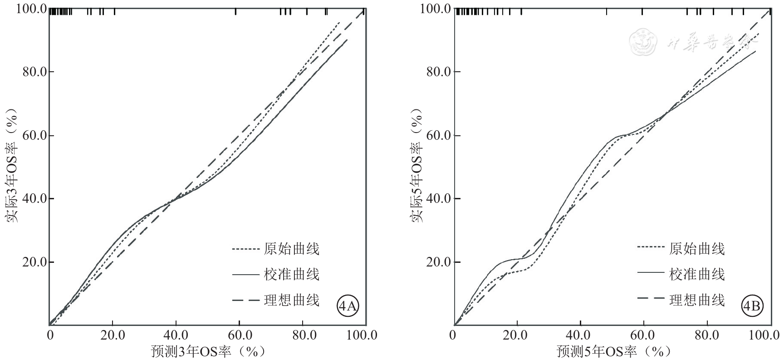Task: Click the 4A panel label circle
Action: pyautogui.click(x=348, y=307)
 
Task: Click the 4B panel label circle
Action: pyautogui.click(x=752, y=307)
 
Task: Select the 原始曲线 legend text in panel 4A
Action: pyautogui.click(x=292, y=249)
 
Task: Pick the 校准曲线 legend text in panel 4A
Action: pyautogui.click(x=292, y=274)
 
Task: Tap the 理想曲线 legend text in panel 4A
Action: pyautogui.click(x=292, y=300)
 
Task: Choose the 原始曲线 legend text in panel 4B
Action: pyautogui.click(x=697, y=249)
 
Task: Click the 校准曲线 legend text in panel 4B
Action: pyautogui.click(x=697, y=274)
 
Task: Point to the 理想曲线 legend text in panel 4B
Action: pyautogui.click(x=697, y=300)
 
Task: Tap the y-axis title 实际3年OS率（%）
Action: pyautogui.click(x=12, y=165)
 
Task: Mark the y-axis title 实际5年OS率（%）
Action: pyautogui.click(x=417, y=165)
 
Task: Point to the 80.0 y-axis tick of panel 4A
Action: pyautogui.click(x=34, y=72)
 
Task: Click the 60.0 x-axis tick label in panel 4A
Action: pyautogui.click(x=240, y=336)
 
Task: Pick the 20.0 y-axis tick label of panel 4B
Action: pyautogui.click(x=439, y=262)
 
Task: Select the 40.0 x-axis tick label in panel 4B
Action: pyautogui.click(x=580, y=336)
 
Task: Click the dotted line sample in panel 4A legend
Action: pyautogui.click(x=245, y=249)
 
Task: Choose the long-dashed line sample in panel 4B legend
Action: pyautogui.click(x=650, y=300)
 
